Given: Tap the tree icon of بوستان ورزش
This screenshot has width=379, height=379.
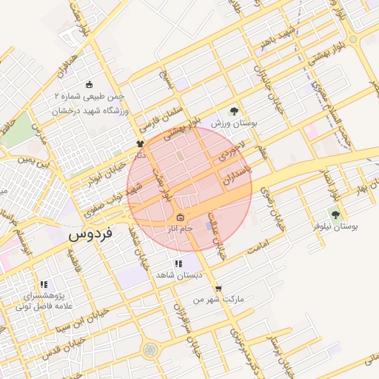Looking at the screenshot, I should pos(235,111).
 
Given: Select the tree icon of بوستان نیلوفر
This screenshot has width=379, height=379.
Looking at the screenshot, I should pos(335,215).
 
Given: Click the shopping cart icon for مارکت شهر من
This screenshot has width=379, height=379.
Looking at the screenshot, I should pos(218,289).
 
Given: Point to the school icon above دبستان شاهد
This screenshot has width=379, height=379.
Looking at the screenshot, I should pos(178,264).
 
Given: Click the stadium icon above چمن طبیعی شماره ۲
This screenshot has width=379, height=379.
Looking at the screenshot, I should pos(90,84).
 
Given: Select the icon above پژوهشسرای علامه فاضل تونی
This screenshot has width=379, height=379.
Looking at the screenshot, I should pos(44,284).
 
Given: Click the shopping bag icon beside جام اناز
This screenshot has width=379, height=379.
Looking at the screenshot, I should pos(181,217).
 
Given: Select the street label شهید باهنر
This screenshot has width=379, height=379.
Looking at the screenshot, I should pos(269,36).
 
